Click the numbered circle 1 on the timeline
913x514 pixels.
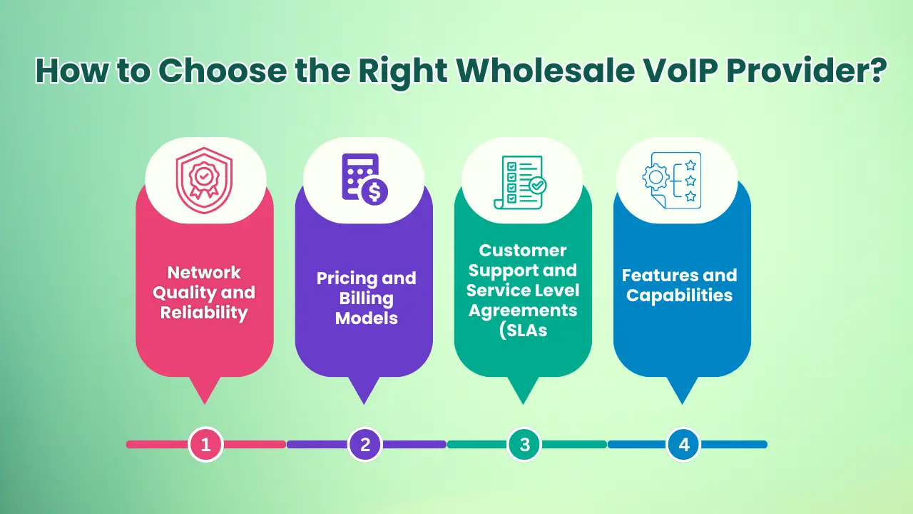click(x=206, y=445)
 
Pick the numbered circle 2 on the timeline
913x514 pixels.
click(x=365, y=445)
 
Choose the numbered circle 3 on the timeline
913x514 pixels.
click(x=525, y=445)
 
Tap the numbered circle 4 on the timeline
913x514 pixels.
click(x=684, y=445)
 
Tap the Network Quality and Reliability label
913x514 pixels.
click(x=204, y=293)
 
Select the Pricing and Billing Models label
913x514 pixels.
click(x=366, y=298)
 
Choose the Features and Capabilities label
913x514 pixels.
click(x=679, y=285)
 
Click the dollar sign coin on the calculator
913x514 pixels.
click(x=374, y=192)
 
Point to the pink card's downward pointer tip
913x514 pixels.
click(x=205, y=401)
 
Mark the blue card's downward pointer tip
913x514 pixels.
click(x=682, y=401)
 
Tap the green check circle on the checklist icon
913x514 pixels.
click(x=539, y=186)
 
